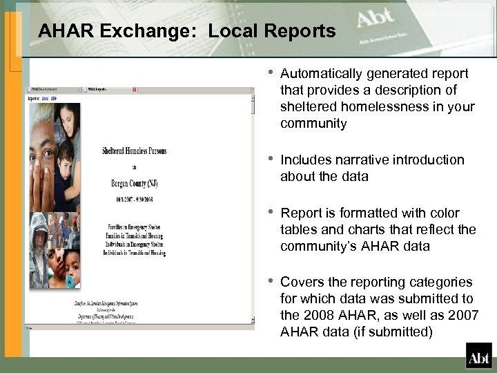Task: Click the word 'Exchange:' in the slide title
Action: tap(153, 31)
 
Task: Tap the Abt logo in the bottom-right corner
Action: tap(478, 356)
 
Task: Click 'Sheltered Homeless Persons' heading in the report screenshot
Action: tap(134, 151)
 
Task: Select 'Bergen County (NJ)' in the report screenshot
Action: tap(134, 182)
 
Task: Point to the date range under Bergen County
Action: tap(134, 199)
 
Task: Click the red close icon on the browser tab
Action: tap(135, 90)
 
